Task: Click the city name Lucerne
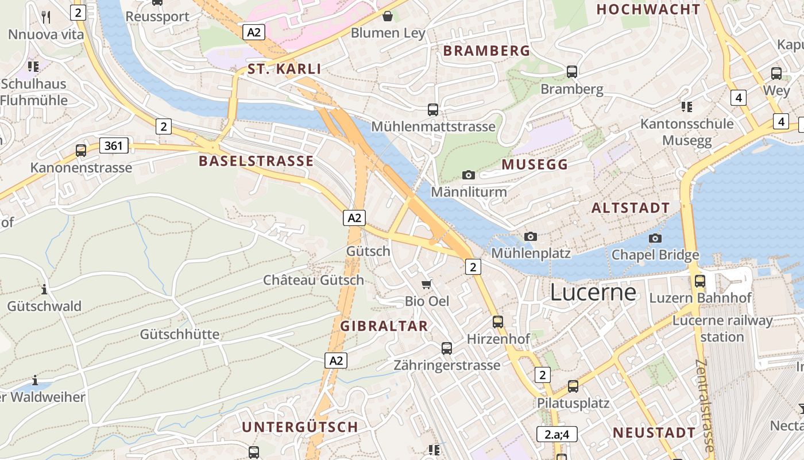(593, 293)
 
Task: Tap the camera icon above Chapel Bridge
(655, 238)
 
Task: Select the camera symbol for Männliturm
(469, 175)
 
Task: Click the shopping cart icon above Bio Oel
(427, 284)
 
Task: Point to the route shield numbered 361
(114, 145)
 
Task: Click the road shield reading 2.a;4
(556, 434)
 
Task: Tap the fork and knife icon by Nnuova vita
(46, 17)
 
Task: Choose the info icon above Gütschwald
(44, 289)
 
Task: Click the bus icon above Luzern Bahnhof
(700, 281)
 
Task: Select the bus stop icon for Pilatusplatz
(573, 386)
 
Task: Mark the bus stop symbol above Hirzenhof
(498, 322)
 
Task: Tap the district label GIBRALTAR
(384, 326)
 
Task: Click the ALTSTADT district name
(631, 208)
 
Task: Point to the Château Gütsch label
(314, 280)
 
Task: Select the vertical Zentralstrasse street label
(705, 405)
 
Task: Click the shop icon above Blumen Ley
(388, 16)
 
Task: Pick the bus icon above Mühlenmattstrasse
(433, 109)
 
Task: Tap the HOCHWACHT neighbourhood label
(648, 9)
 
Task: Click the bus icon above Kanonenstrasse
(81, 151)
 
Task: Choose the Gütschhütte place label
(180, 334)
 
